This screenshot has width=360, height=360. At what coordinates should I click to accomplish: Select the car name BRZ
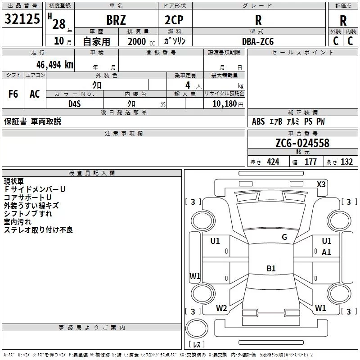(x=116, y=20)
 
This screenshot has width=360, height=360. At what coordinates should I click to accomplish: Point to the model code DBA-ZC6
(x=258, y=41)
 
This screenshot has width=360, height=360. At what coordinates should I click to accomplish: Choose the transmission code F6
(x=13, y=94)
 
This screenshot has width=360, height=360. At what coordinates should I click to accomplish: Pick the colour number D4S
(x=75, y=103)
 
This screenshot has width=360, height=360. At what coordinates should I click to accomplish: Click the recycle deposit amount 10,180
(x=223, y=103)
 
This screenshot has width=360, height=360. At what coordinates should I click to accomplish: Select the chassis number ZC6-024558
(x=302, y=143)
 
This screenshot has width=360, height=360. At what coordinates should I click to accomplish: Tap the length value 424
(x=273, y=162)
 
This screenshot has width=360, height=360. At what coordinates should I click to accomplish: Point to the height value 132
(x=346, y=162)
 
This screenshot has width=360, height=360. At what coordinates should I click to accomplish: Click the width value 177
(x=310, y=162)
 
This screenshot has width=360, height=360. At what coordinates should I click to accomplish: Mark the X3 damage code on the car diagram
(x=321, y=184)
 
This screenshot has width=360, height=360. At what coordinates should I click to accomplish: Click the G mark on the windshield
(x=284, y=237)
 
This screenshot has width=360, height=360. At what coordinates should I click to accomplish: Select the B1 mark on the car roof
(x=271, y=268)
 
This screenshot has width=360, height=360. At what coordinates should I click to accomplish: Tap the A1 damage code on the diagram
(x=326, y=252)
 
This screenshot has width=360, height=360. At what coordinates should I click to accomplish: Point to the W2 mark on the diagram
(x=221, y=308)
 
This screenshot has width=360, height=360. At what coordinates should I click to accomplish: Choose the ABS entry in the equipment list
(x=258, y=121)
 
